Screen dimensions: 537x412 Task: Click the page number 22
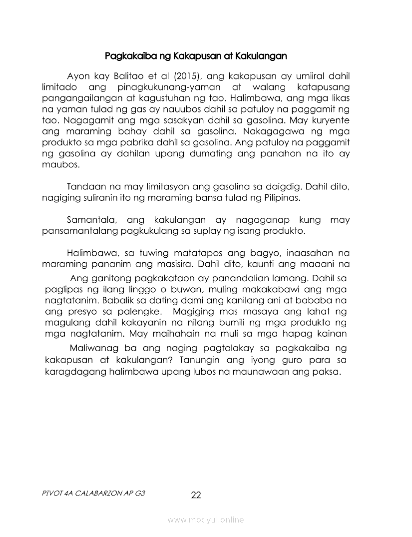(x=196, y=495)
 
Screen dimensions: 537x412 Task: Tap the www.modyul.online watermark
(x=206, y=520)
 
